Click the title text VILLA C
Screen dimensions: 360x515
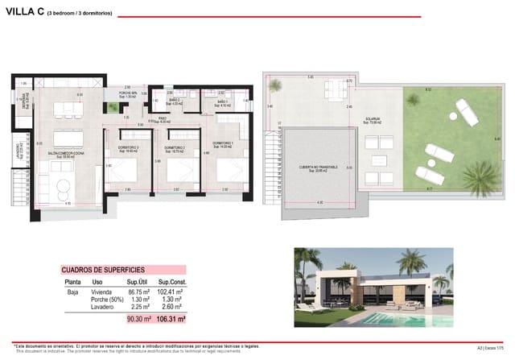click(23, 12)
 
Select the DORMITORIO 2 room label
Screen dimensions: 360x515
click(175, 148)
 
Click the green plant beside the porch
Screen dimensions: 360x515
click(112, 106)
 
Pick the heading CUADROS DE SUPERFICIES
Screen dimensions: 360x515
click(101, 270)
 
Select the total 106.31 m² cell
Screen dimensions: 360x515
click(171, 319)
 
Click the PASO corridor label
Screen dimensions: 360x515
click(163, 120)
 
